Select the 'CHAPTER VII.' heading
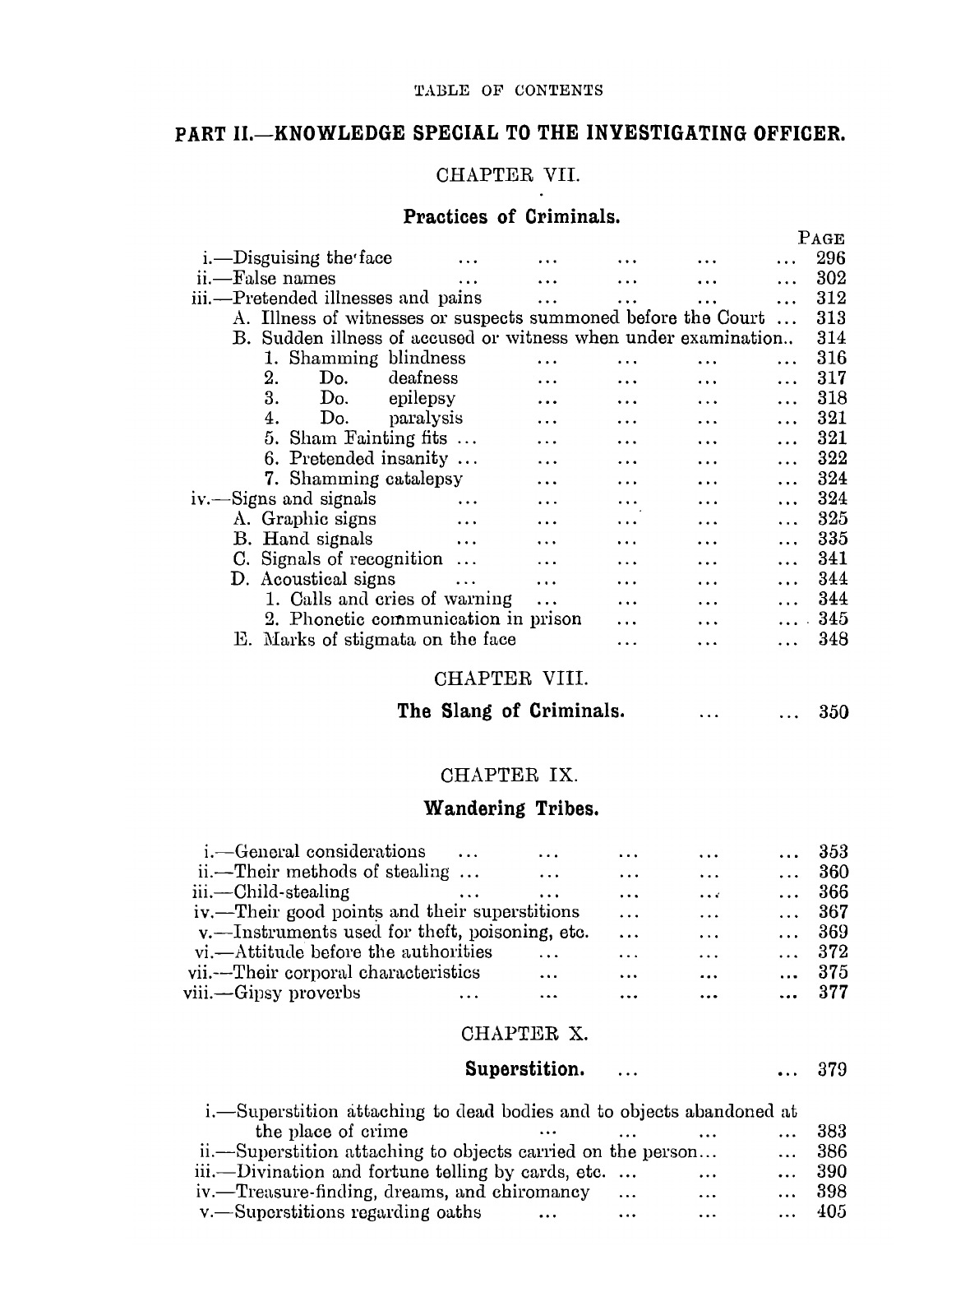pyautogui.click(x=509, y=175)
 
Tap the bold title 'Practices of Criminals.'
pyautogui.click(x=510, y=217)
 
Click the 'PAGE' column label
pyautogui.click(x=821, y=239)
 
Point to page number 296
pyautogui.click(x=831, y=258)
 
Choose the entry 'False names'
pyautogui.click(x=284, y=278)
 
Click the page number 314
pyautogui.click(x=831, y=338)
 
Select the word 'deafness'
pyautogui.click(x=423, y=378)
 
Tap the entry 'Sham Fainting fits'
pyautogui.click(x=367, y=438)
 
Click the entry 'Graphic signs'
pyautogui.click(x=318, y=519)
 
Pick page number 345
pyautogui.click(x=833, y=619)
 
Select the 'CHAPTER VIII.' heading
pyautogui.click(x=510, y=679)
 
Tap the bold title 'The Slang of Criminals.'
pyautogui.click(x=510, y=711)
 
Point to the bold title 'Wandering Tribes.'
pyautogui.click(x=510, y=808)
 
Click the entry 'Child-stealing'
pyautogui.click(x=292, y=892)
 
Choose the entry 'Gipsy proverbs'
pyautogui.click(x=297, y=993)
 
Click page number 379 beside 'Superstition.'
pyautogui.click(x=833, y=1071)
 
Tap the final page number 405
pyautogui.click(x=832, y=1211)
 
